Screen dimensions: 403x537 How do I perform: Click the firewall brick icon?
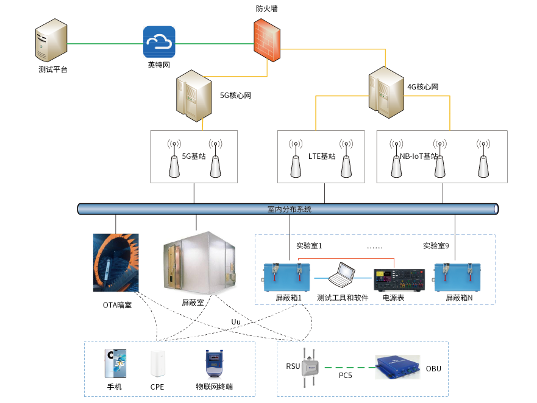[x=268, y=40]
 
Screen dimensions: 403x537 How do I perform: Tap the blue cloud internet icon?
[x=159, y=42]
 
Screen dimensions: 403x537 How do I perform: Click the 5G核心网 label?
[x=235, y=96]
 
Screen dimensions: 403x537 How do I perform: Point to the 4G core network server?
[x=386, y=92]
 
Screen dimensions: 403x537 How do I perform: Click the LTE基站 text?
[x=321, y=156]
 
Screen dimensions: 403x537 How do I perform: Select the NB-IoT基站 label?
[x=419, y=156]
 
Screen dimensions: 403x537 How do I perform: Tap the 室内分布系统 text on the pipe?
[x=289, y=209]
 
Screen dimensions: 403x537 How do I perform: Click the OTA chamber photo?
[x=116, y=262]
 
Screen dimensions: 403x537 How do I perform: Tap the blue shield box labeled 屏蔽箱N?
[x=459, y=277]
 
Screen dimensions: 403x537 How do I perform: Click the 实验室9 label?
[x=436, y=246]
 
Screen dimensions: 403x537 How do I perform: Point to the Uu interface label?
[x=236, y=321]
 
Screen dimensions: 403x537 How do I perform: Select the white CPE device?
[x=157, y=364]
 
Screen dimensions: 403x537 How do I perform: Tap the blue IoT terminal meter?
[x=213, y=365]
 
